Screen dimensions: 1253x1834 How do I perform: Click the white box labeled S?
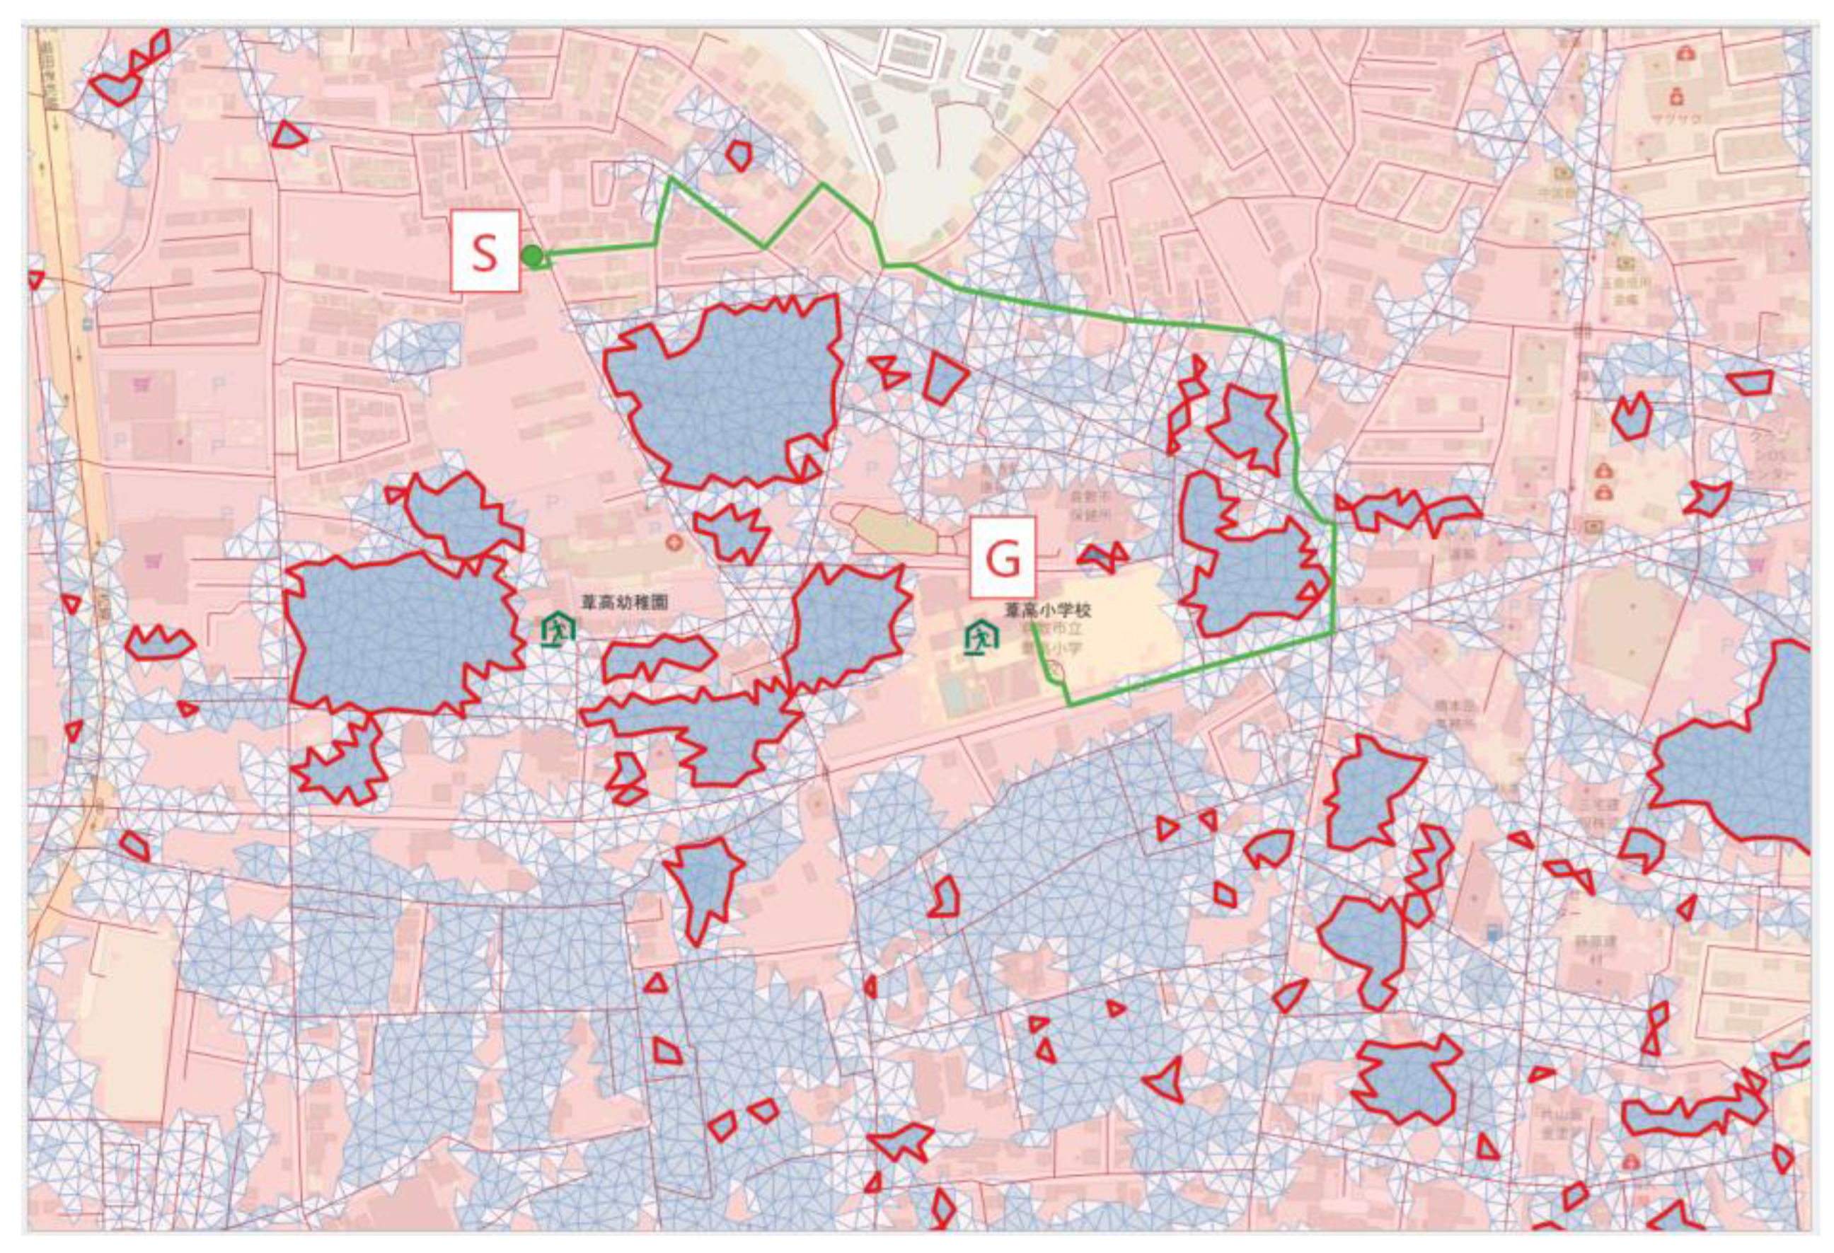[485, 251]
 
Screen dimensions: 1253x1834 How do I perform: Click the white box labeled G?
[1002, 557]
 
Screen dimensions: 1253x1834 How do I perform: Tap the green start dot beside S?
[533, 255]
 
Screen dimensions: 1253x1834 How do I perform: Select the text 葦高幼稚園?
[624, 602]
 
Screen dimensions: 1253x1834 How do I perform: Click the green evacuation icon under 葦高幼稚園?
[559, 630]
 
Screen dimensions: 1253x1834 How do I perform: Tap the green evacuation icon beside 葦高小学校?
[981, 636]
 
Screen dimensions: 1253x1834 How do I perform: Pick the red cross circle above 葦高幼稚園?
[673, 543]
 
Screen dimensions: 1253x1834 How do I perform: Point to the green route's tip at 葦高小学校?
[1033, 625]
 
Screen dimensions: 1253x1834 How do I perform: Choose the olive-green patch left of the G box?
[896, 530]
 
